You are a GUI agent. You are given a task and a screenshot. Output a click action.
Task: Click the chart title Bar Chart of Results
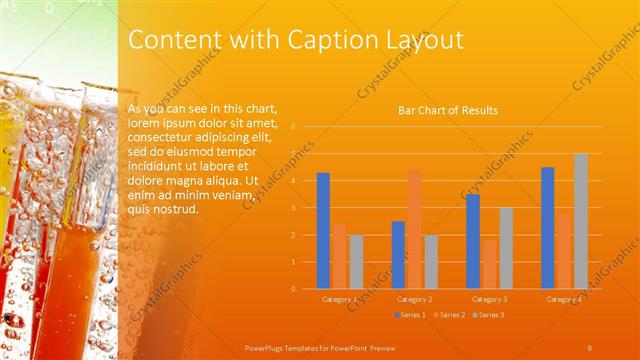(x=448, y=110)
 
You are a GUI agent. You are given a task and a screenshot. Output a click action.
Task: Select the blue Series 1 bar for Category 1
(x=323, y=230)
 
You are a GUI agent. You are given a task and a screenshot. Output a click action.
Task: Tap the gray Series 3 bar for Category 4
(x=580, y=221)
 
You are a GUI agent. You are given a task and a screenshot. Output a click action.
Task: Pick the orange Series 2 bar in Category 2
(x=414, y=229)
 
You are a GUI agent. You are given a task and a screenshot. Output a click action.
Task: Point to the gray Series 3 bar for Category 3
(x=506, y=248)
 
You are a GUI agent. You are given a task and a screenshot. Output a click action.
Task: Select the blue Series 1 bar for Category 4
(x=547, y=228)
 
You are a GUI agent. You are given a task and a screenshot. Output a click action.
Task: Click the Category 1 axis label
(x=340, y=299)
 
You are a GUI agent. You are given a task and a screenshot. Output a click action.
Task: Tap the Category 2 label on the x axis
(x=414, y=299)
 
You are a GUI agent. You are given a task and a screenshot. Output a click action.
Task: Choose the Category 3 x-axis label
(x=489, y=299)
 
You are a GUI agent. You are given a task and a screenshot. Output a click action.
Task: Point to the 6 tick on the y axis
(x=293, y=127)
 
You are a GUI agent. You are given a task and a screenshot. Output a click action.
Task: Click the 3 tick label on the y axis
(x=293, y=208)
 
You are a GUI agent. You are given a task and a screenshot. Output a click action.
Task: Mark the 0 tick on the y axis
(x=293, y=288)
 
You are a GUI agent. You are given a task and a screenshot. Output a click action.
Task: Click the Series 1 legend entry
(x=411, y=315)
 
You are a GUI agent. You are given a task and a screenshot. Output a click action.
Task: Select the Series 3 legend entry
(x=489, y=315)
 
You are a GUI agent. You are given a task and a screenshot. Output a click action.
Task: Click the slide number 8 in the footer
(x=589, y=347)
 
